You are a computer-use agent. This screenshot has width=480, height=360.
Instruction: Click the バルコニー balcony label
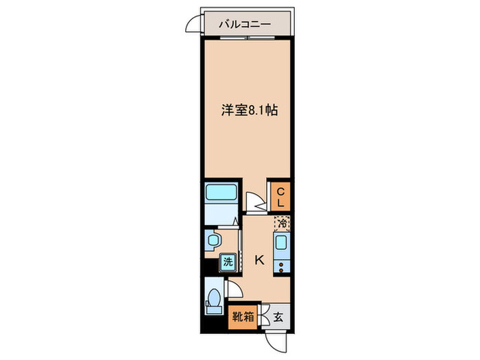pos(245,24)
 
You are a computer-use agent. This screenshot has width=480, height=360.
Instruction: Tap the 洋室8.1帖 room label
pos(248,109)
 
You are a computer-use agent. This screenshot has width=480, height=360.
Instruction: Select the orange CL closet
pos(280,197)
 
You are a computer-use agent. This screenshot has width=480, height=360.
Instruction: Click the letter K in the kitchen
pos(259,260)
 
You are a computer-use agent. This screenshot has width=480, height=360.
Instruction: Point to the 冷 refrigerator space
pos(281,223)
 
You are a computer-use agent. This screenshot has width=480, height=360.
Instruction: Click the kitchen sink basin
pos(280,243)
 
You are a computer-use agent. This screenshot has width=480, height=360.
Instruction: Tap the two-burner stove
pos(280,263)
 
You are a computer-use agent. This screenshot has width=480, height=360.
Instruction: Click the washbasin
pos(213,240)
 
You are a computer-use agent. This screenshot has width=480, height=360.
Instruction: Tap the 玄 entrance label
pos(279,317)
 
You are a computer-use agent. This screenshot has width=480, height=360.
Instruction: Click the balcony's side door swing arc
pos(193,23)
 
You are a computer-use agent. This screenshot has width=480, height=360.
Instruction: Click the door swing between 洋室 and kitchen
pos(255,202)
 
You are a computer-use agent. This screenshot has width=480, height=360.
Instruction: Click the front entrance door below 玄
pos(276,338)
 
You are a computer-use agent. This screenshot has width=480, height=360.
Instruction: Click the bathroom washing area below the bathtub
pos(220,215)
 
